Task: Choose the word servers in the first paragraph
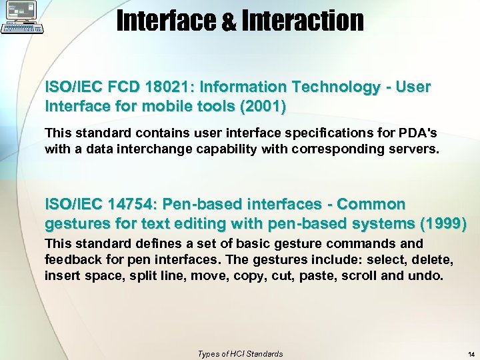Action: [409, 149]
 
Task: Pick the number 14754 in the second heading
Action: [129, 203]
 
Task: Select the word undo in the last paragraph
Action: [425, 275]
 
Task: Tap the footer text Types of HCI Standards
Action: [240, 354]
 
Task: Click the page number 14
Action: [471, 354]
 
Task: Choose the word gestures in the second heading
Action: [73, 223]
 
